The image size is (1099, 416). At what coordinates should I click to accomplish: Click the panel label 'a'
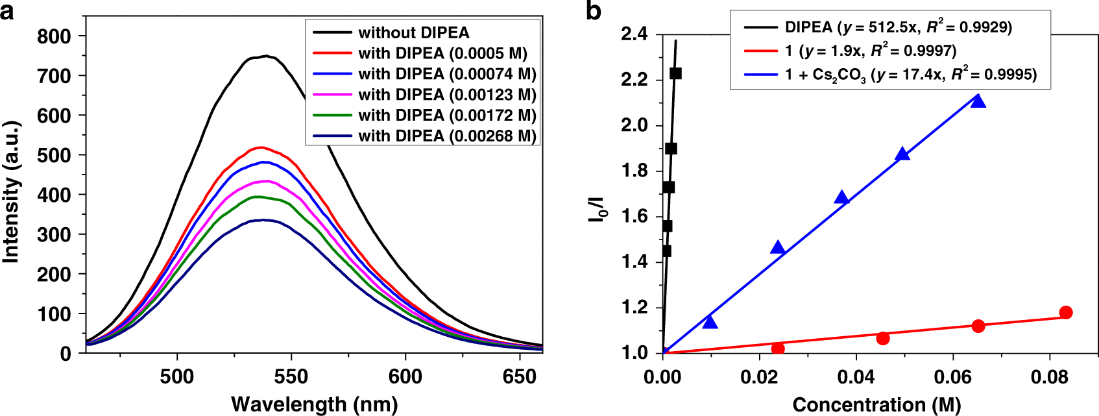(7, 11)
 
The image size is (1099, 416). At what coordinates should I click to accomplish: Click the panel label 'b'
(593, 11)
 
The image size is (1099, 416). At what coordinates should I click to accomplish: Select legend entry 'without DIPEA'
(413, 32)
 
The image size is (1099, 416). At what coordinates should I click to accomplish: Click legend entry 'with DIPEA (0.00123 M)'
(447, 95)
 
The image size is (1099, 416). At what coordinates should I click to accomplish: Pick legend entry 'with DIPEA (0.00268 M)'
(447, 136)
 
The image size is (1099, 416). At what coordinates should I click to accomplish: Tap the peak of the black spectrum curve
(265, 56)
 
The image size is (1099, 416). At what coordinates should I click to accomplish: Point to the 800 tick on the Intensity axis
(54, 36)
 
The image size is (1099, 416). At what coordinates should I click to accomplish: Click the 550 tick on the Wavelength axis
(291, 376)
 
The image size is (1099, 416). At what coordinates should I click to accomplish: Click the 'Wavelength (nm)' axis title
(314, 404)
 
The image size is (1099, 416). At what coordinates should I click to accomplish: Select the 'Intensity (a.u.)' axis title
(11, 191)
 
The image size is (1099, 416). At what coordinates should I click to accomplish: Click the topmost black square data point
(675, 73)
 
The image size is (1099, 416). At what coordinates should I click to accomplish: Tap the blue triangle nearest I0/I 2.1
(978, 101)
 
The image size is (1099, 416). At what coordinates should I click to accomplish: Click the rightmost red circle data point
(1065, 313)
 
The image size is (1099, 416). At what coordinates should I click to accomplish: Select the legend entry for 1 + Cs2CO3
(910, 75)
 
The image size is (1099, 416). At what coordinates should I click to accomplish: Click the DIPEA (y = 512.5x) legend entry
(898, 27)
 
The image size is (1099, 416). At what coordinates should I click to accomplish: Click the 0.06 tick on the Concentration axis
(953, 377)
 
